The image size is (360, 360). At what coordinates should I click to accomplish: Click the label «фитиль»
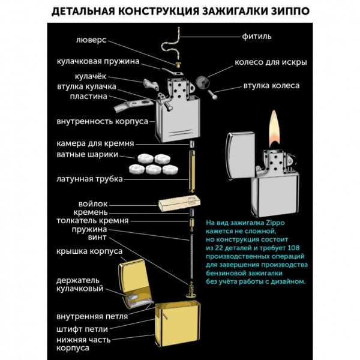point(257,36)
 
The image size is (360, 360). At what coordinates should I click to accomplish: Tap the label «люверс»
point(92,42)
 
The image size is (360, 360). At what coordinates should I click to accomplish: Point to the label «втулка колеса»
point(271,86)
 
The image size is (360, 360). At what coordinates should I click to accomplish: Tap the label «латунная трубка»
point(89,179)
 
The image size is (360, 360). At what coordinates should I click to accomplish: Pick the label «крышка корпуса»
point(89,250)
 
